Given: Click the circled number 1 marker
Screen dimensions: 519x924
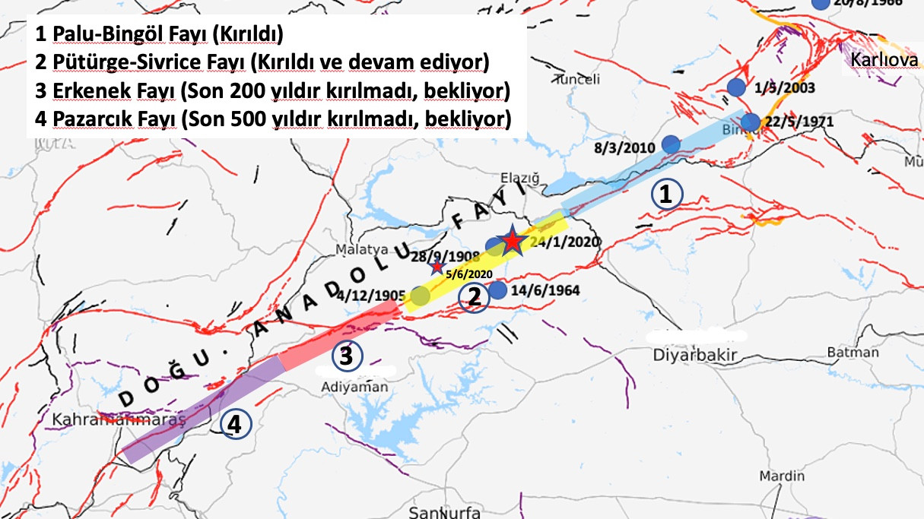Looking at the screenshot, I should click(666, 195).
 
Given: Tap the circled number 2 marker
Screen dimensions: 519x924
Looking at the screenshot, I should click(473, 297).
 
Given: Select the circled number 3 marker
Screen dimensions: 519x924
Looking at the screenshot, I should click(346, 356).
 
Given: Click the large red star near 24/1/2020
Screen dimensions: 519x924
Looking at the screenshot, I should click(513, 241).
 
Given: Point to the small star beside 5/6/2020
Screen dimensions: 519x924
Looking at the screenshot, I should click(437, 267).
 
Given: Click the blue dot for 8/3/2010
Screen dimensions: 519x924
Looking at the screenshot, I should click(671, 144).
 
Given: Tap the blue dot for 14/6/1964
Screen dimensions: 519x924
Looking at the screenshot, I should click(497, 290).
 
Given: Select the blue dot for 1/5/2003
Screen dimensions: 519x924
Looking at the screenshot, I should click(735, 87).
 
